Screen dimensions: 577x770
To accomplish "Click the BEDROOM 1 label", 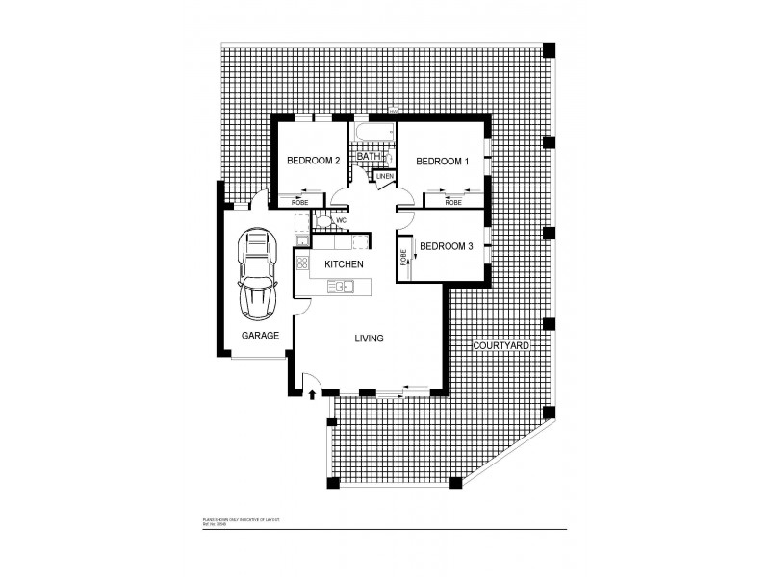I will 442,162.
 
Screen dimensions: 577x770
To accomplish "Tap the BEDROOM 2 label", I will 314,161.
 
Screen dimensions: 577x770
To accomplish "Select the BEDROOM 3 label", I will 447,246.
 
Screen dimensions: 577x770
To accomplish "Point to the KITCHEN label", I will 343,263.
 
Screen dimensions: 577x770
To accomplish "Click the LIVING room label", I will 369,339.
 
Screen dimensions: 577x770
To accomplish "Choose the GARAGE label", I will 260,336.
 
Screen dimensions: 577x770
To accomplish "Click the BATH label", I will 368,156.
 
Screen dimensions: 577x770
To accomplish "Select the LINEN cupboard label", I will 385,177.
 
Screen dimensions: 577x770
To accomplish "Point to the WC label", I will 341,220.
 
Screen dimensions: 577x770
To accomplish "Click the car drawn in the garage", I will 257,274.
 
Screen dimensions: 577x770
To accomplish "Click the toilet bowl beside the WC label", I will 326,221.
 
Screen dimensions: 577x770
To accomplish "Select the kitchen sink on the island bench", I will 342,286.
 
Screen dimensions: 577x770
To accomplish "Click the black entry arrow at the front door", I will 313,393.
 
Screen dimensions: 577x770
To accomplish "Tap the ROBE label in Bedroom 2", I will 300,203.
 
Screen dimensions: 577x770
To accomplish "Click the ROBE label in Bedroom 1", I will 453,203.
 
